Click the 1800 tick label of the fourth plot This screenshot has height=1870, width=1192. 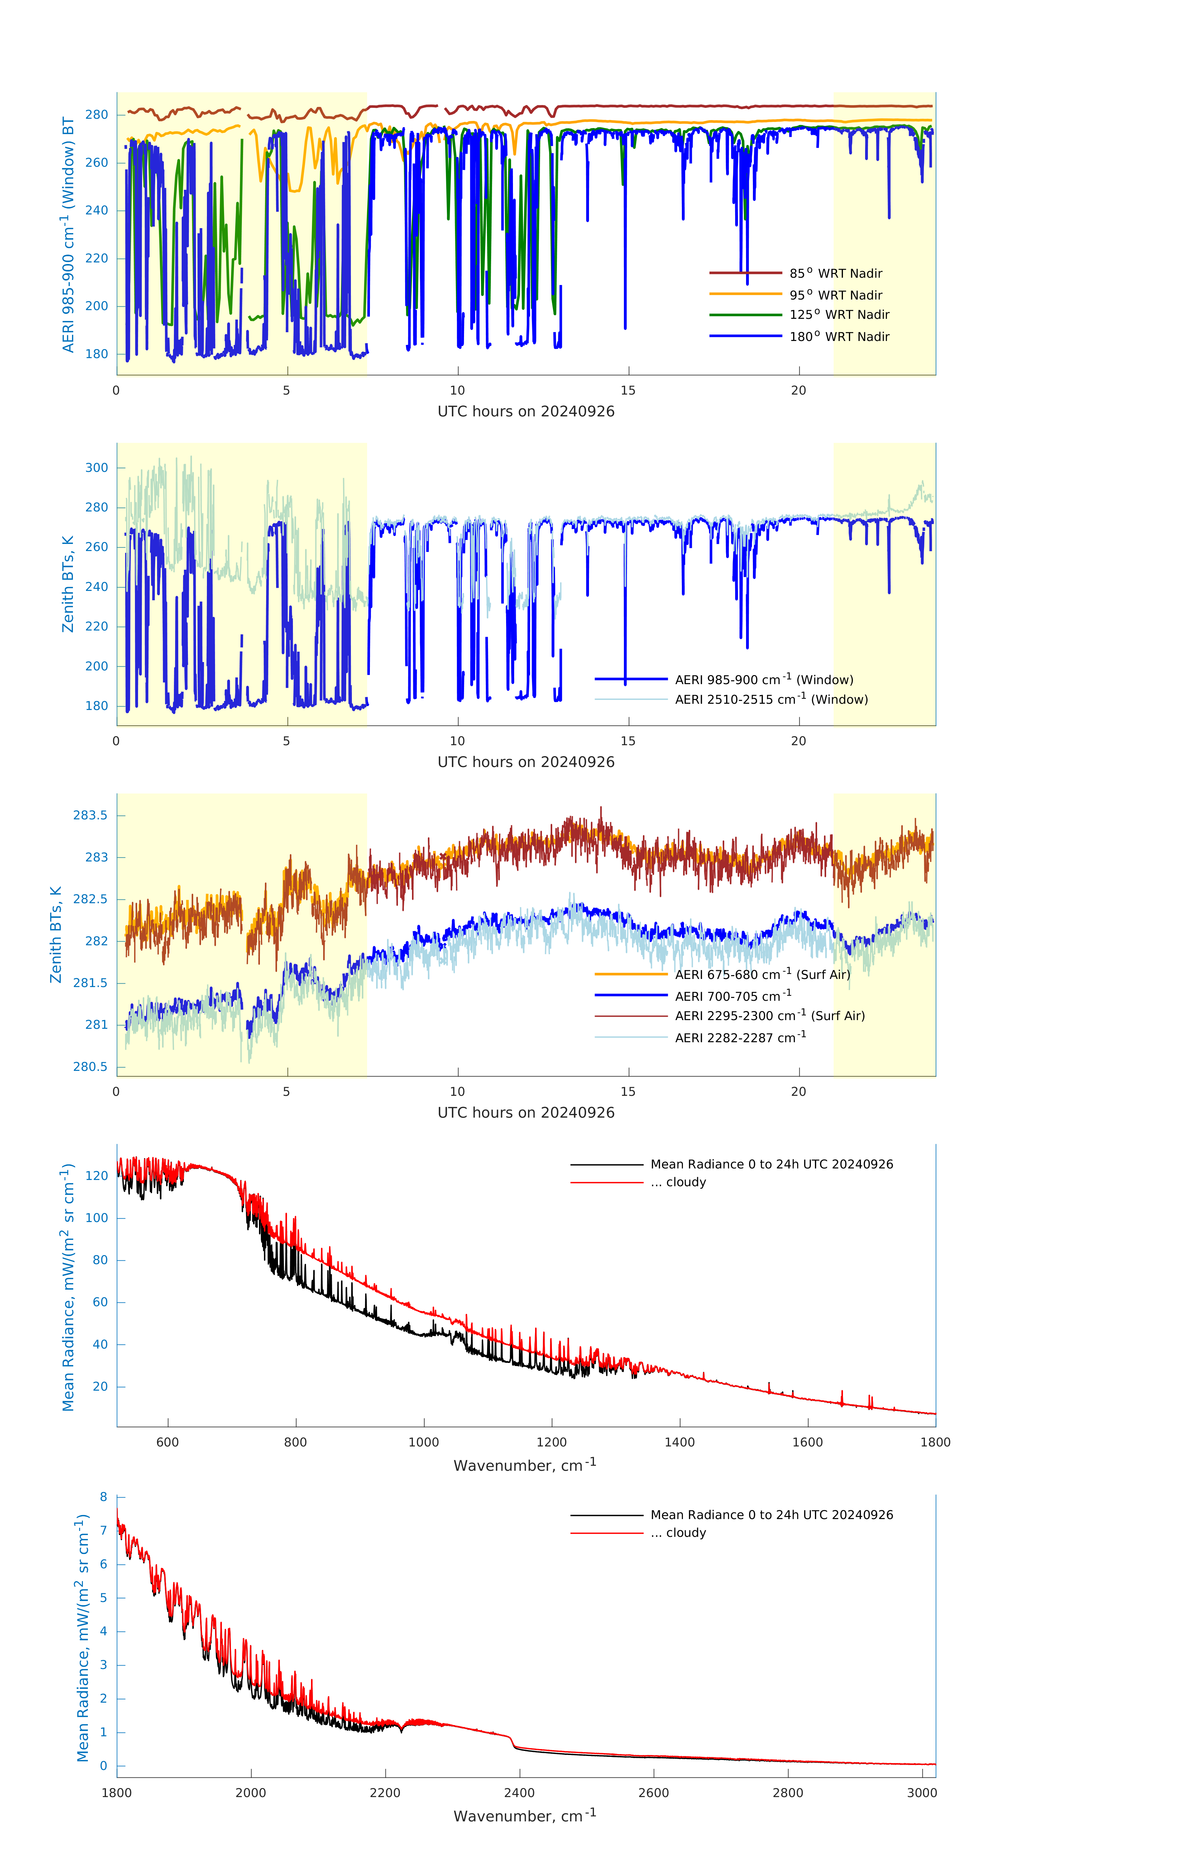click(x=935, y=1442)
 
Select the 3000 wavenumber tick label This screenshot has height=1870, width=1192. click(x=922, y=1792)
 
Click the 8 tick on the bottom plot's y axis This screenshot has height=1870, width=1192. click(x=103, y=1496)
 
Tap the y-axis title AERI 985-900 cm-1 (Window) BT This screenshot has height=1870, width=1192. click(x=68, y=234)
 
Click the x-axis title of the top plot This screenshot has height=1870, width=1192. click(x=526, y=412)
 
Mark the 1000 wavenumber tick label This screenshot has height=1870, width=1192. click(x=423, y=1442)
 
